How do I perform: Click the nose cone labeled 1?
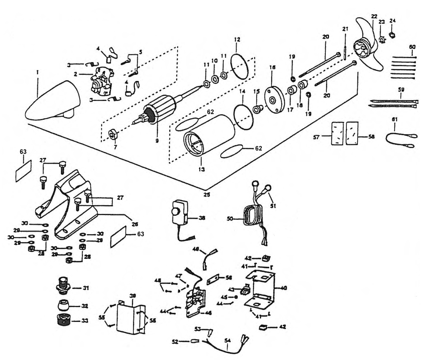53,102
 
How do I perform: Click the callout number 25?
207,194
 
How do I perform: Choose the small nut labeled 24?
392,35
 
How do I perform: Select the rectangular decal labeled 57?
337,133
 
